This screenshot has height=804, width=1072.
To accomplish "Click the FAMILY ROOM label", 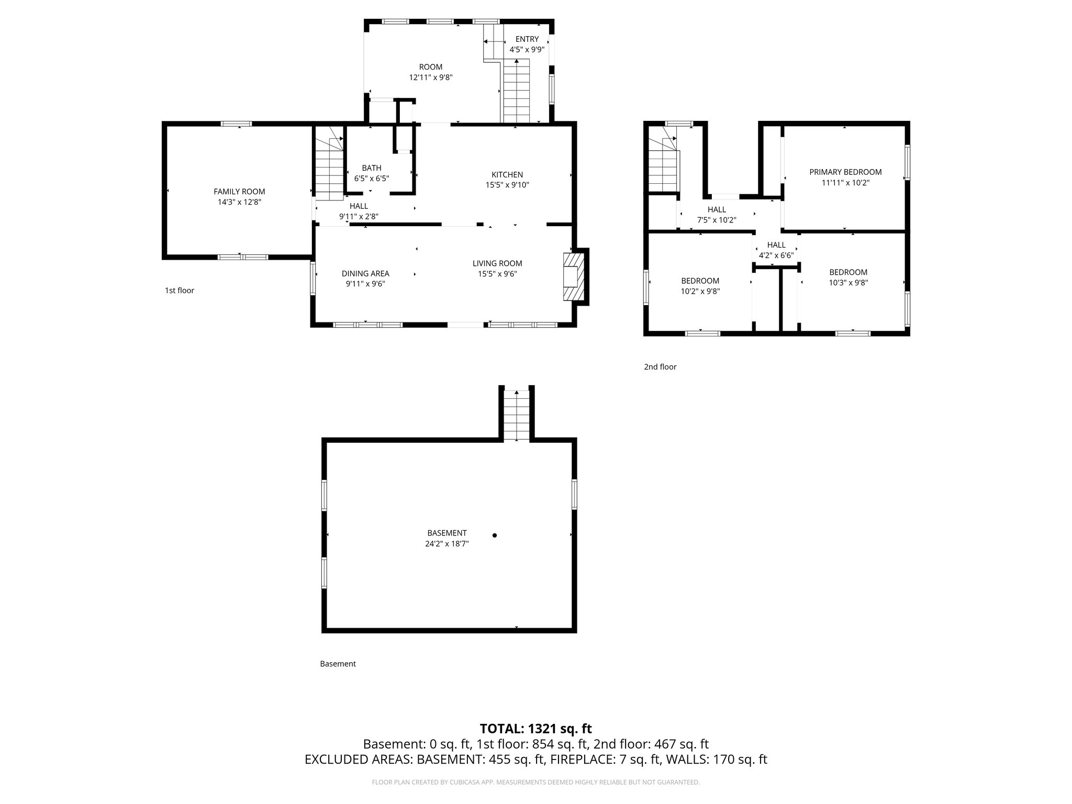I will [239, 192].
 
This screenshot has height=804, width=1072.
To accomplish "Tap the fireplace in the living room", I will [572, 276].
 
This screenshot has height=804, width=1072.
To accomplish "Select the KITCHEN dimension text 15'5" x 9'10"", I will [507, 185].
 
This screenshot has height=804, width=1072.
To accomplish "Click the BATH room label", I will [371, 168].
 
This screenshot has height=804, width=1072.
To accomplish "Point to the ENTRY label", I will [527, 39].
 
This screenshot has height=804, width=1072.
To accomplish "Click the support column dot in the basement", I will [494, 535].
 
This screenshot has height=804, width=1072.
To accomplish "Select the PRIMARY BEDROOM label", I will [845, 172].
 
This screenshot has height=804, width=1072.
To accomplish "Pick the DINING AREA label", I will [365, 273].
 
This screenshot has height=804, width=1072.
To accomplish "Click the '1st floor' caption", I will [179, 291].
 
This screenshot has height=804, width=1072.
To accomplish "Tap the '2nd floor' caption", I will [660, 367].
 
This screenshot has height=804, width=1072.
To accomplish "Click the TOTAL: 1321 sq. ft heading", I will [535, 729].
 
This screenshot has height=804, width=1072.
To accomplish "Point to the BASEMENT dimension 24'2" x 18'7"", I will [446, 544].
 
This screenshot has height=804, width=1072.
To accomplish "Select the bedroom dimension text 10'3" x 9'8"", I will [848, 283].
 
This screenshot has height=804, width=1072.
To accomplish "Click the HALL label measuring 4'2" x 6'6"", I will [776, 245].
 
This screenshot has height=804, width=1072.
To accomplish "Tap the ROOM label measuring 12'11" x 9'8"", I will [430, 67].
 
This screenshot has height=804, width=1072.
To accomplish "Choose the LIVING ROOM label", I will [497, 263].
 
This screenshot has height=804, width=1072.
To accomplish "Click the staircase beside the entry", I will [516, 92].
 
